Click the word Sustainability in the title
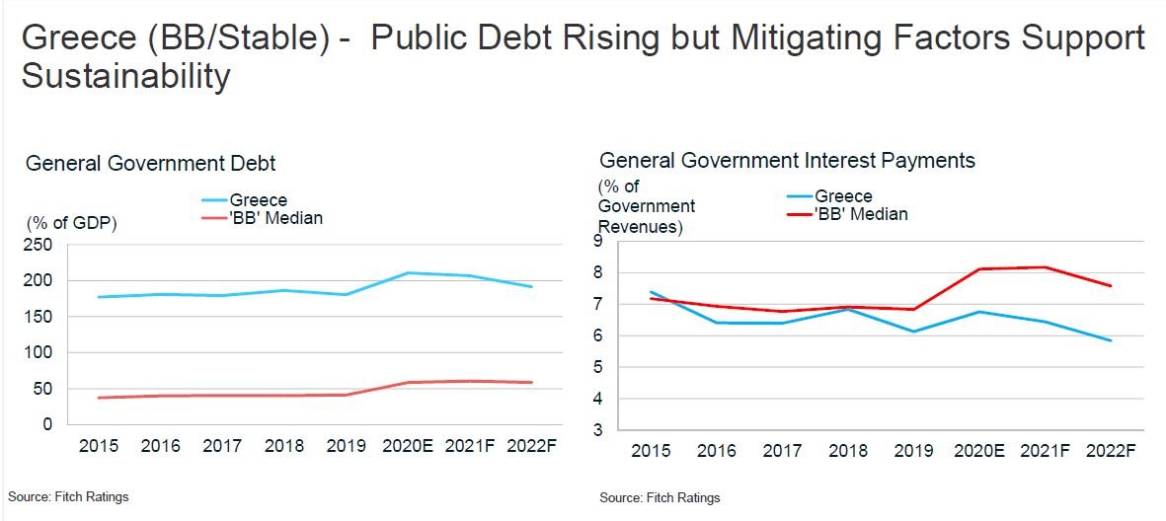[125, 76]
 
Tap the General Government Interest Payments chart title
[787, 160]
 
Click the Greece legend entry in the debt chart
[259, 200]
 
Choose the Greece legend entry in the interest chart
[842, 196]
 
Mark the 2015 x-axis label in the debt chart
[98, 446]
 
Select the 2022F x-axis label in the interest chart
[1111, 451]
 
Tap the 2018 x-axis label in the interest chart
[847, 451]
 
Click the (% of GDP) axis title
[72, 223]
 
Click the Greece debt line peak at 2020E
[409, 272]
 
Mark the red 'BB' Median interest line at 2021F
[1045, 266]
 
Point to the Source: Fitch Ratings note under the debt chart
[69, 496]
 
